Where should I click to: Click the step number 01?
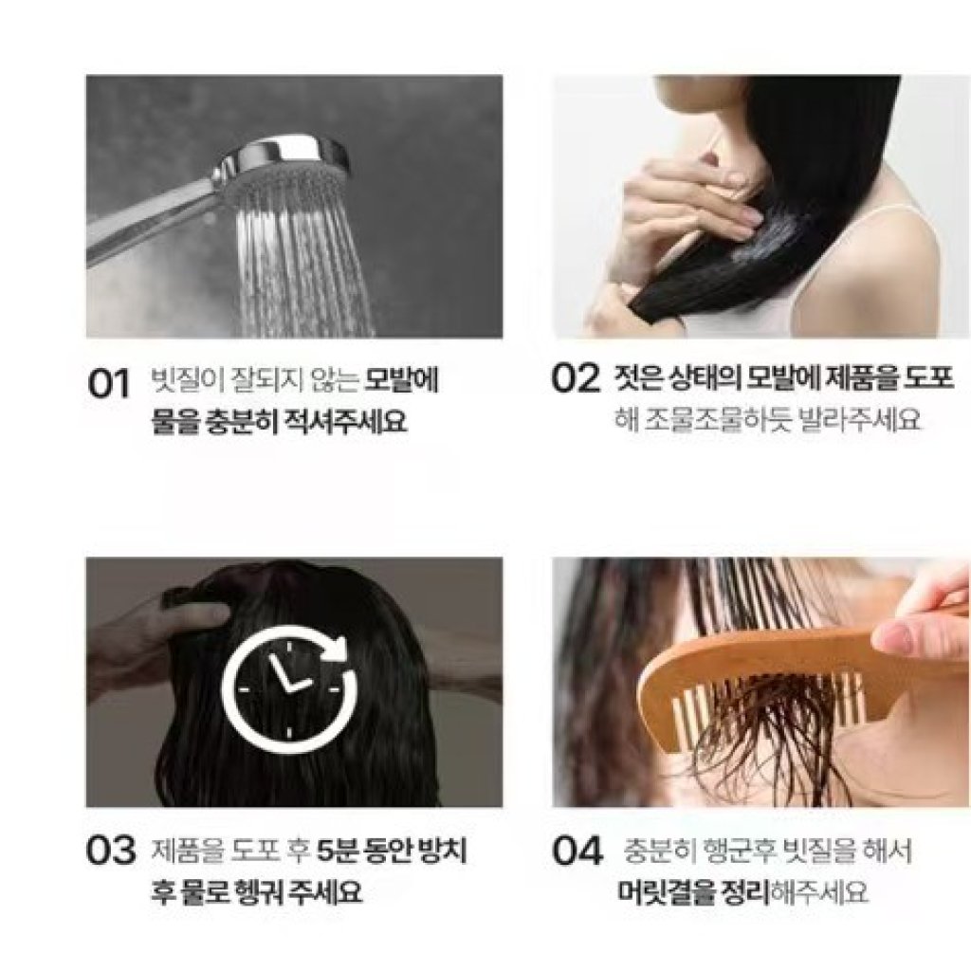point(109,383)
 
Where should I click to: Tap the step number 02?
point(576,377)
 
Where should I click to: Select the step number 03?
point(111,851)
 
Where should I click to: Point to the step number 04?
point(577,851)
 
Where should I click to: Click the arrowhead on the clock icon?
point(338,648)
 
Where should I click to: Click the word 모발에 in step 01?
point(401,379)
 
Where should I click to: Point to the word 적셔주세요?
point(343,421)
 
